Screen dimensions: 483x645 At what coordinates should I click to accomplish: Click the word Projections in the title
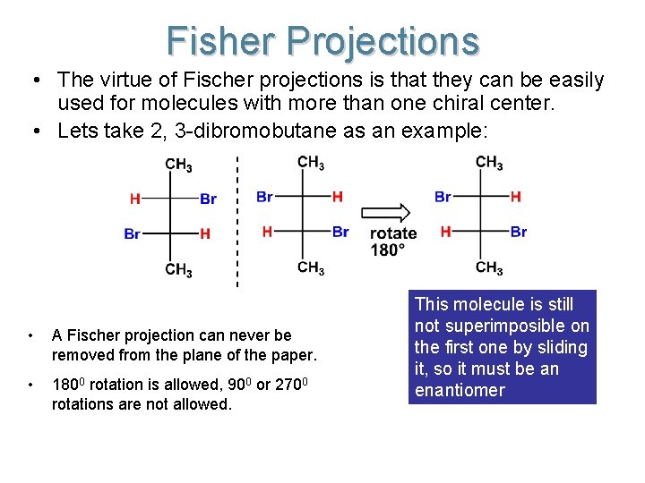384,41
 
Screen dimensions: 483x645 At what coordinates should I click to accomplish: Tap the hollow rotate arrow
387,213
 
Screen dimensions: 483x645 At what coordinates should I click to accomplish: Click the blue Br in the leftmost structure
133,234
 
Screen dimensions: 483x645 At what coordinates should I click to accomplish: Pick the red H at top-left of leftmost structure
134,199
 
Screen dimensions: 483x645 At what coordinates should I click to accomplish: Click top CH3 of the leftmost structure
178,165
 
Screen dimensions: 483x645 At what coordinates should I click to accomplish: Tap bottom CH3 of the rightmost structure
489,267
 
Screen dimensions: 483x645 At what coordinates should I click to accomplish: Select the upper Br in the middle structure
264,197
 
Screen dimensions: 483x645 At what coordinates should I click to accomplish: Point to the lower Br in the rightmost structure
519,232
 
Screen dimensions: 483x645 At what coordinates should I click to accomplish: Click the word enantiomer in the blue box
460,390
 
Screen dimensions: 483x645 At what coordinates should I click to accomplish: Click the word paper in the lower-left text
295,355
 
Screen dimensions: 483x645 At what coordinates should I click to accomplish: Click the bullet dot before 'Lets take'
33,131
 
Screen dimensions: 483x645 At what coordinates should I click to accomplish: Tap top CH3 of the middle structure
311,163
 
